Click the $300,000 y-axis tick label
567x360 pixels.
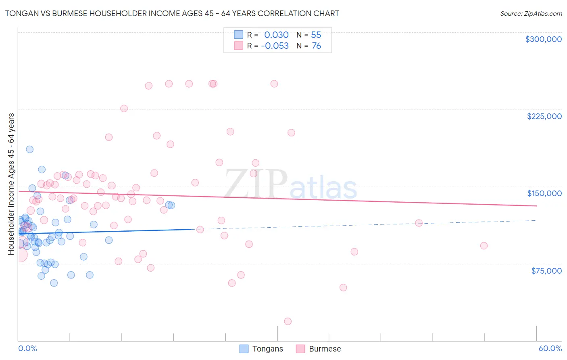(543, 39)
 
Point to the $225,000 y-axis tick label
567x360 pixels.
(544, 116)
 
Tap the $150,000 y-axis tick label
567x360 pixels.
(544, 193)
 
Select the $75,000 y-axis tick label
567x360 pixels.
(546, 271)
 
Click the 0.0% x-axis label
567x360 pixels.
(27, 348)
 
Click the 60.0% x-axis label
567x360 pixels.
(550, 348)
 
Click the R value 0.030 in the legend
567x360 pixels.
(276, 35)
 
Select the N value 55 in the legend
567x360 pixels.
(316, 35)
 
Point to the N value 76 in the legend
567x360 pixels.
(317, 46)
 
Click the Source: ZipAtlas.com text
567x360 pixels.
(531, 13)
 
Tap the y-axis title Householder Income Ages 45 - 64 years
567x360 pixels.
(11, 184)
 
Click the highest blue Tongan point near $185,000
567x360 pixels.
(29, 149)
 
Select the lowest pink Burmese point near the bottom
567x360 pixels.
(288, 321)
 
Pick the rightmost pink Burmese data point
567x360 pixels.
(484, 246)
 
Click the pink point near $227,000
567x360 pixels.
(124, 109)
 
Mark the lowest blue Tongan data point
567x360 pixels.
(54, 283)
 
